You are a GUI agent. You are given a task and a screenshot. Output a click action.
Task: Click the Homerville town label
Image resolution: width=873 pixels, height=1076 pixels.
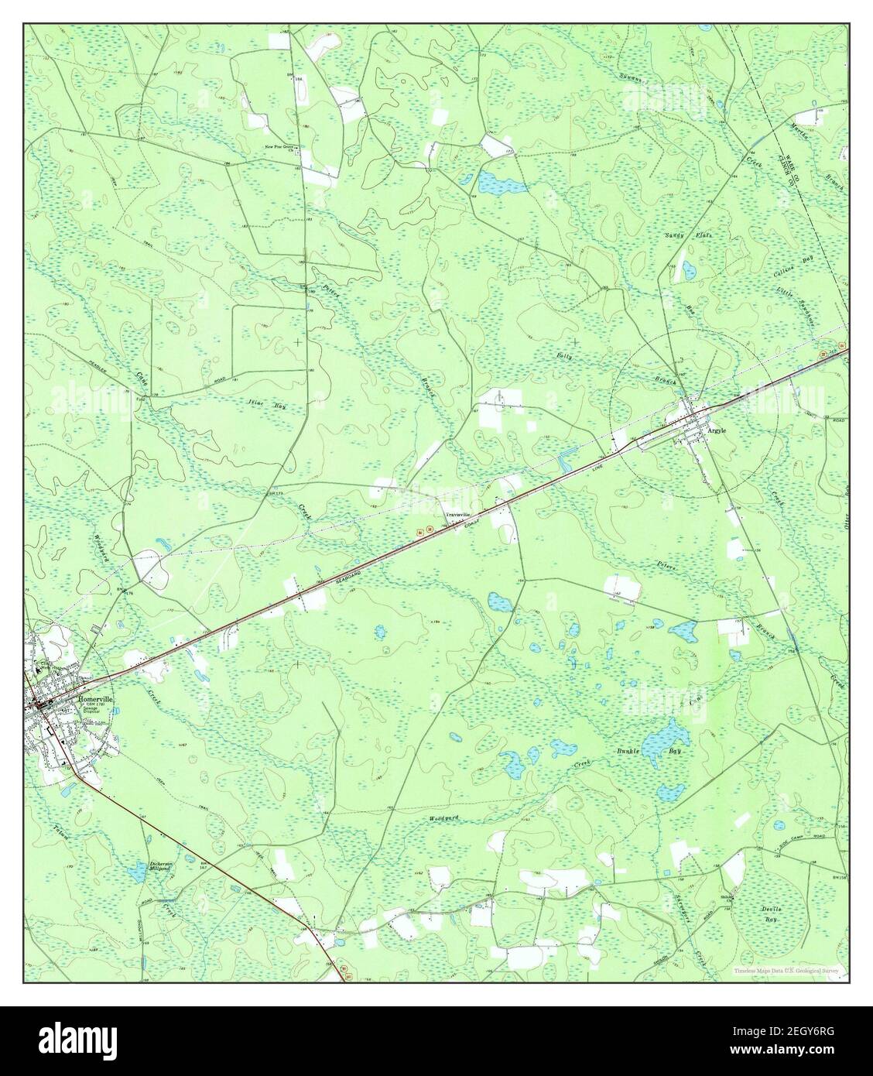coord(95,698)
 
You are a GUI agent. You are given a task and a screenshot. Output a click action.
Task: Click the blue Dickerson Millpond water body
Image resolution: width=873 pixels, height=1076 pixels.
coord(136,874)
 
